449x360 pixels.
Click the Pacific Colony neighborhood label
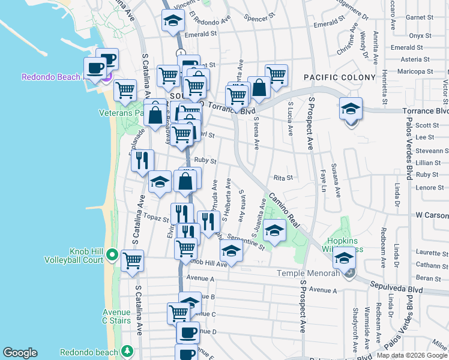[332, 77]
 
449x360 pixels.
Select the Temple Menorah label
[308, 274]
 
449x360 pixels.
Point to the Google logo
[20, 353]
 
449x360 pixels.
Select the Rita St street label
[283, 178]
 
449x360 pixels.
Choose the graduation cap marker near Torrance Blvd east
[351, 110]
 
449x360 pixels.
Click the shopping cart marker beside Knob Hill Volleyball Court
[132, 260]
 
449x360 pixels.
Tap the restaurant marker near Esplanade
[142, 160]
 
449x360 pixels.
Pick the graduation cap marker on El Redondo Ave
[172, 20]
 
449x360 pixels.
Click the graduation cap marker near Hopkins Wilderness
[344, 258]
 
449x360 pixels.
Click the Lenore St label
[429, 187]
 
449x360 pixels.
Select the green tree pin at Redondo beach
[126, 351]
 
